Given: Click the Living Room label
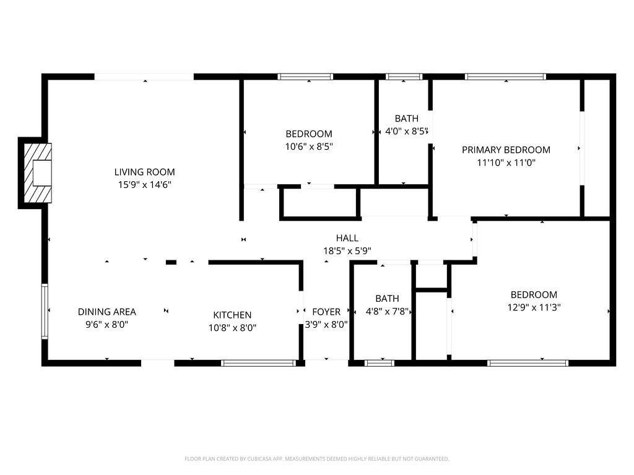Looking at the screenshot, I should [x=144, y=172].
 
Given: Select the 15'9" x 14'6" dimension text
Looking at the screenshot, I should [x=144, y=184].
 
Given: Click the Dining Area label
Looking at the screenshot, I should [x=106, y=312].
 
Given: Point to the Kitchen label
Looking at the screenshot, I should [x=232, y=315].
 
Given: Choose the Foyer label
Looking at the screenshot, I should [x=326, y=312].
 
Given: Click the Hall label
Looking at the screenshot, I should [x=347, y=237].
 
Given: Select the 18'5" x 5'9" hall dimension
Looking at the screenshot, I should [x=347, y=250].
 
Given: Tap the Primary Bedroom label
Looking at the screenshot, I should [x=506, y=150].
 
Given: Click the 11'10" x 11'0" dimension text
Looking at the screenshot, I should [x=506, y=163].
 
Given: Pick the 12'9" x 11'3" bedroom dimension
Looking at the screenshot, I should [x=534, y=307].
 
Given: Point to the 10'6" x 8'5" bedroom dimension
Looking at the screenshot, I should [x=308, y=147].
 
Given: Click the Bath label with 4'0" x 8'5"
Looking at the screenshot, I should [x=406, y=118].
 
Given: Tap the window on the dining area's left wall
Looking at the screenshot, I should [x=45, y=311].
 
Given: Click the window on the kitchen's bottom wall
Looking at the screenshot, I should [x=258, y=363].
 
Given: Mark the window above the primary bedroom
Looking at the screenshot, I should [x=505, y=77].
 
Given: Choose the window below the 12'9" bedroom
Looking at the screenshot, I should [x=528, y=363].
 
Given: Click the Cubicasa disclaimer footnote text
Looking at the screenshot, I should [x=316, y=459].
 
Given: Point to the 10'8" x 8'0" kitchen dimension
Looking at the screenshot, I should [x=232, y=328].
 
